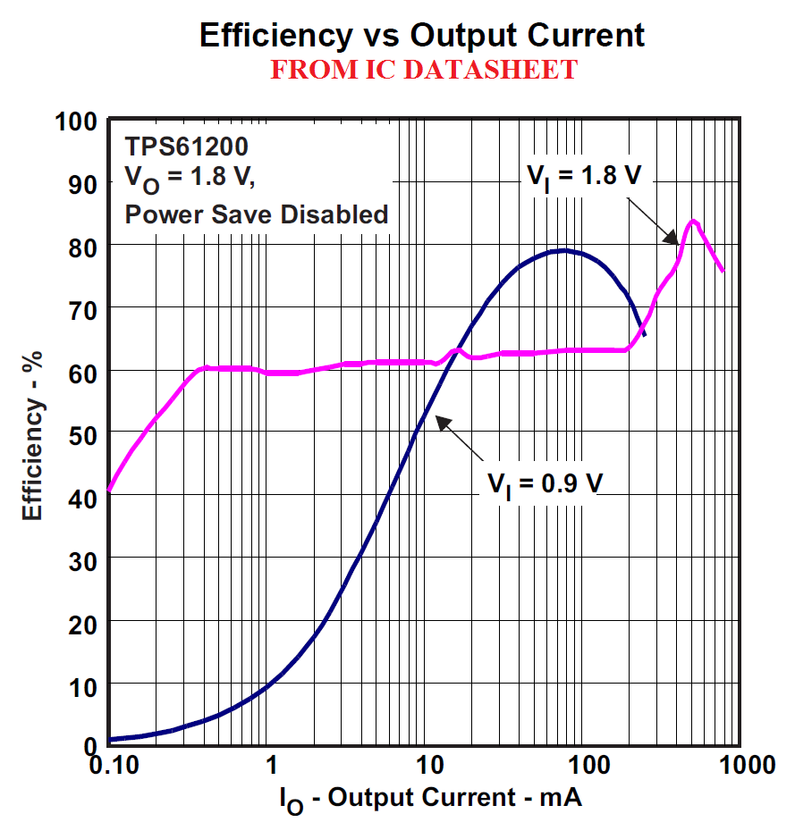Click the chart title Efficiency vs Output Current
pos(422,35)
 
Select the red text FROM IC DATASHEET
pos(423,70)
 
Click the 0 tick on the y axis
pos(89,745)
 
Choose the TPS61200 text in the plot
pos(187,146)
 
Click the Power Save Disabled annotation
pos(257,214)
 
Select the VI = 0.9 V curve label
pos(545,483)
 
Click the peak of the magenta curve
pos(692,221)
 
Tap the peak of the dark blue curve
pos(562,250)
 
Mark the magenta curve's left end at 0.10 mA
pos(109,489)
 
